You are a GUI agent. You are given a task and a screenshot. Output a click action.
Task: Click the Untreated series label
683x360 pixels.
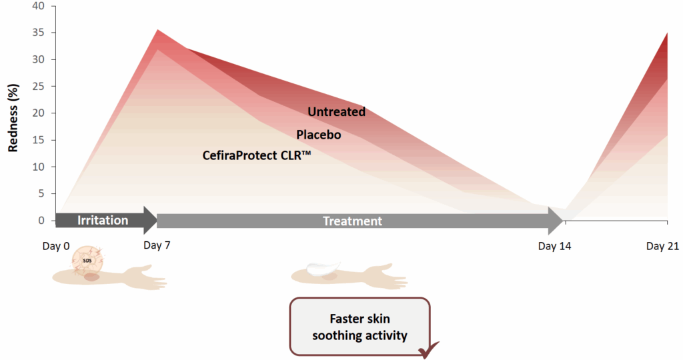336,112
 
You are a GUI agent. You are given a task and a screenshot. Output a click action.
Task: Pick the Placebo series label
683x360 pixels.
318,135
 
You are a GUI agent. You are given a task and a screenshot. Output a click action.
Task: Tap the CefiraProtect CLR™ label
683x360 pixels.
257,155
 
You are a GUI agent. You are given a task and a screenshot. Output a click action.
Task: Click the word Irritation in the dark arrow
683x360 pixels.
103,220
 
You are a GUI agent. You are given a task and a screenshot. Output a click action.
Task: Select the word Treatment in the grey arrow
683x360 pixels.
352,221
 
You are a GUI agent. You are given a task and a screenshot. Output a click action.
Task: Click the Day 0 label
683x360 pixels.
56,247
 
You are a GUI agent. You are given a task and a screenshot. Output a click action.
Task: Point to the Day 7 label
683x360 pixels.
157,245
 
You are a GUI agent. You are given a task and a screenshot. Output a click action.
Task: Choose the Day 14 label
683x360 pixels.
555,247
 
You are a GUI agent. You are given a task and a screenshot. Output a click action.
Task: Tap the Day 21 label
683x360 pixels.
662,247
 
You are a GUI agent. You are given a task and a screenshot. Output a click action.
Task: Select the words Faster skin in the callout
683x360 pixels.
360,319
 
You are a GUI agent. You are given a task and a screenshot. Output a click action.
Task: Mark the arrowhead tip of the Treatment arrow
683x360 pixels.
564,221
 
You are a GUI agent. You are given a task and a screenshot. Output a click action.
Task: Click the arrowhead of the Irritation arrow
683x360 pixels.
152,220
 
